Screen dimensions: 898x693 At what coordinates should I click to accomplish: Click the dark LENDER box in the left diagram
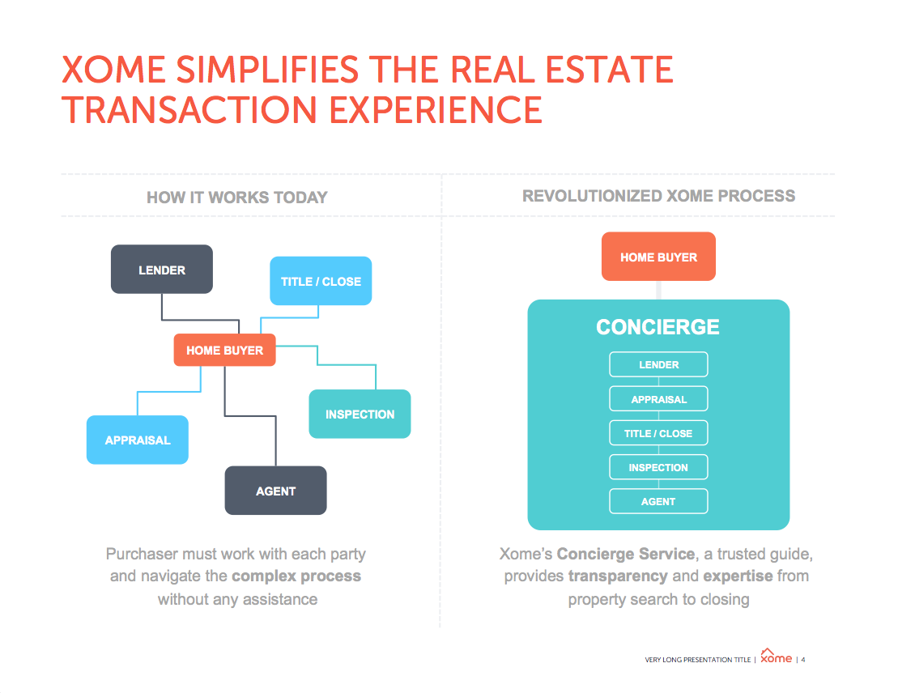point(161,269)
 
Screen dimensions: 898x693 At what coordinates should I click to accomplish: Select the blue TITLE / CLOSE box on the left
point(321,281)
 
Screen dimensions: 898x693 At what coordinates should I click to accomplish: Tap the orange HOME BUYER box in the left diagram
point(224,350)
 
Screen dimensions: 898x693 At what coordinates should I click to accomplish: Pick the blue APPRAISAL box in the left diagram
point(138,440)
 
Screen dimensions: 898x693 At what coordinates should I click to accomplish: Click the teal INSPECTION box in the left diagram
point(360,414)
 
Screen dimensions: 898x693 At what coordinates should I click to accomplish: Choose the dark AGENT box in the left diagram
point(275,491)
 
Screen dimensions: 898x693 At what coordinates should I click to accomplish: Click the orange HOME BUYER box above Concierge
point(658,257)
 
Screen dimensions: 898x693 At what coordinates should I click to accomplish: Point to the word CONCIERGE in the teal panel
point(658,327)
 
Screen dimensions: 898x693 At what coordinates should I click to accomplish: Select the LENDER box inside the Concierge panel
point(658,364)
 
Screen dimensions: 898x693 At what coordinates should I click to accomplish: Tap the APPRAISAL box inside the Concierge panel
point(658,398)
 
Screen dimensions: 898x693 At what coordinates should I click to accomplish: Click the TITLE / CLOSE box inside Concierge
point(658,433)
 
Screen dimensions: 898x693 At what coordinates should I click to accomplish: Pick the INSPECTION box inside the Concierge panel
point(658,467)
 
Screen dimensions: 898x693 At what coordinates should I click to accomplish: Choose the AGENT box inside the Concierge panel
point(658,501)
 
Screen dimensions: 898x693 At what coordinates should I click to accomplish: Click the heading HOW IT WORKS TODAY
point(237,198)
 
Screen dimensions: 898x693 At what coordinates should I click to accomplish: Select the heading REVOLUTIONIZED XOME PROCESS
point(658,196)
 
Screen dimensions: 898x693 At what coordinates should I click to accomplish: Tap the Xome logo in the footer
point(776,657)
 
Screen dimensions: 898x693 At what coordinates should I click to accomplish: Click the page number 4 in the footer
point(803,660)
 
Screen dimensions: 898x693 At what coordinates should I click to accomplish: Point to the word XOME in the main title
point(113,70)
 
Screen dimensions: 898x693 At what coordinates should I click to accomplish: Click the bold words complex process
point(296,576)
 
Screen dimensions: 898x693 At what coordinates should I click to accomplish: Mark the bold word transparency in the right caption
point(618,576)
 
